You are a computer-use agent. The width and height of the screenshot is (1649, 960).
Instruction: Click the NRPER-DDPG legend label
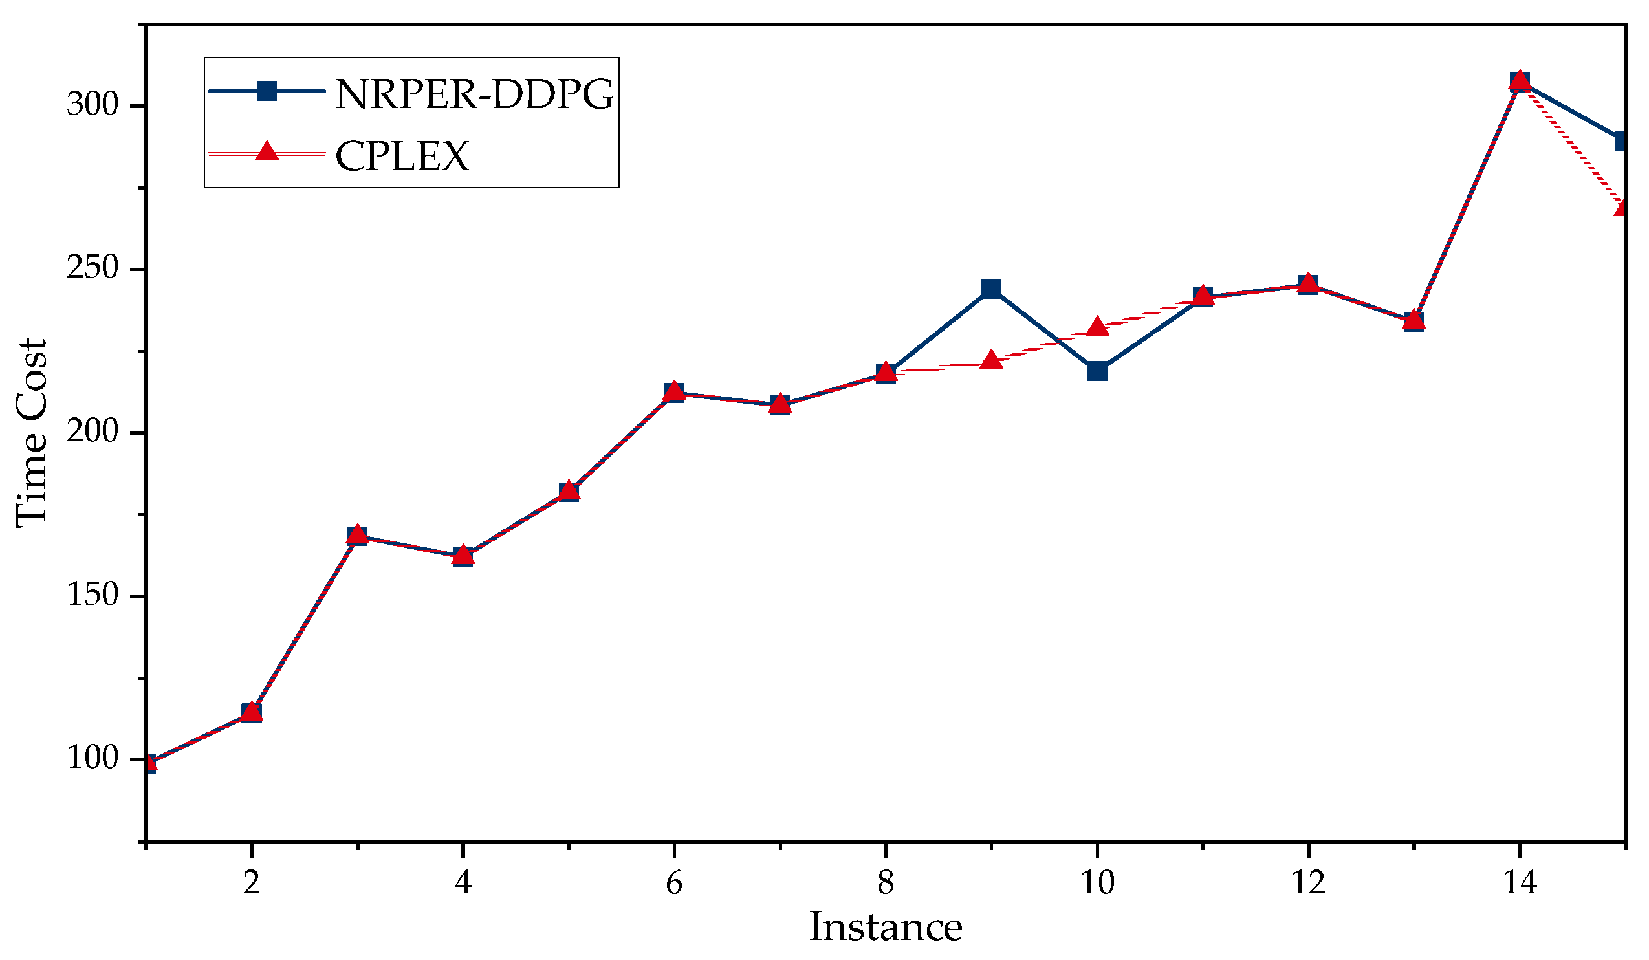pyautogui.click(x=474, y=94)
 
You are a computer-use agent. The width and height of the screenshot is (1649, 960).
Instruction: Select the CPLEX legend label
pyautogui.click(x=402, y=156)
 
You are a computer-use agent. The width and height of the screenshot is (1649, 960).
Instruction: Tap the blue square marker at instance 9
pyautogui.click(x=991, y=289)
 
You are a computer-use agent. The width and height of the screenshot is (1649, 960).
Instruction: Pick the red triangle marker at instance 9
pyautogui.click(x=991, y=360)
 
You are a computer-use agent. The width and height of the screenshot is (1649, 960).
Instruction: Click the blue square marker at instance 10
pyautogui.click(x=1097, y=371)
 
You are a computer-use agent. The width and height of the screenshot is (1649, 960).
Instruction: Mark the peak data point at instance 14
pyautogui.click(x=1520, y=81)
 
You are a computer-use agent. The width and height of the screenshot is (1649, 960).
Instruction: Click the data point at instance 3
pyautogui.click(x=357, y=535)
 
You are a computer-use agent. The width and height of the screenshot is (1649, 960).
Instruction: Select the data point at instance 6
pyautogui.click(x=674, y=393)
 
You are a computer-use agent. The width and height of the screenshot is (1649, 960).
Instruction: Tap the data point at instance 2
pyautogui.click(x=251, y=712)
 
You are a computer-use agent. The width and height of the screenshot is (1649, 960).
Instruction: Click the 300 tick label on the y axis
pyautogui.click(x=93, y=105)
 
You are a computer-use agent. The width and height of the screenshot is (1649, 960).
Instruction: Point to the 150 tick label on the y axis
pyautogui.click(x=93, y=596)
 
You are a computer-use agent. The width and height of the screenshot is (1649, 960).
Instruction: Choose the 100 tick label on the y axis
pyautogui.click(x=93, y=759)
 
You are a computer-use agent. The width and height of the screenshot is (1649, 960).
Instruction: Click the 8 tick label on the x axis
pyautogui.click(x=886, y=884)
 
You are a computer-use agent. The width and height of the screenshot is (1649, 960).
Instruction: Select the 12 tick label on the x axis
pyautogui.click(x=1309, y=884)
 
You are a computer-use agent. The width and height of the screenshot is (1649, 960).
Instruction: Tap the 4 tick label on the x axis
pyautogui.click(x=463, y=884)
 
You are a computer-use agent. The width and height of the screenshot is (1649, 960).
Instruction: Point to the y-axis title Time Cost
pyautogui.click(x=32, y=432)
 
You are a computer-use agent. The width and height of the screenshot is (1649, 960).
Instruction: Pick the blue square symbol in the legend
pyautogui.click(x=267, y=91)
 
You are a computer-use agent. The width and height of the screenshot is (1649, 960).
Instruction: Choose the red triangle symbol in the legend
pyautogui.click(x=267, y=153)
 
